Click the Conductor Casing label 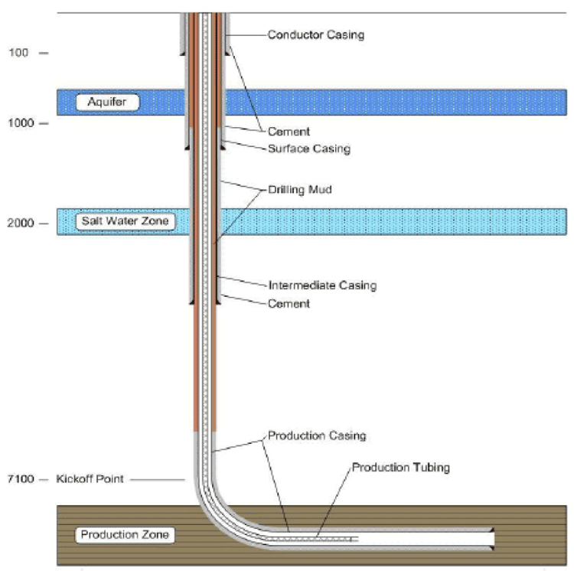point(315,34)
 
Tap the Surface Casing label point(308,148)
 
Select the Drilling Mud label point(300,189)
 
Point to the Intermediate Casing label point(322,285)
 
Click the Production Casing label point(316,436)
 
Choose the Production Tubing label point(400,466)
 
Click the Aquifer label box point(107,102)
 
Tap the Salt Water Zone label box point(125,222)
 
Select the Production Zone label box point(124,535)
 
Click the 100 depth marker point(18,53)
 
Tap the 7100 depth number point(21,480)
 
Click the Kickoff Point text point(90,480)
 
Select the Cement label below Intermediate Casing point(289,304)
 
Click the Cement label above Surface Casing point(289,132)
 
